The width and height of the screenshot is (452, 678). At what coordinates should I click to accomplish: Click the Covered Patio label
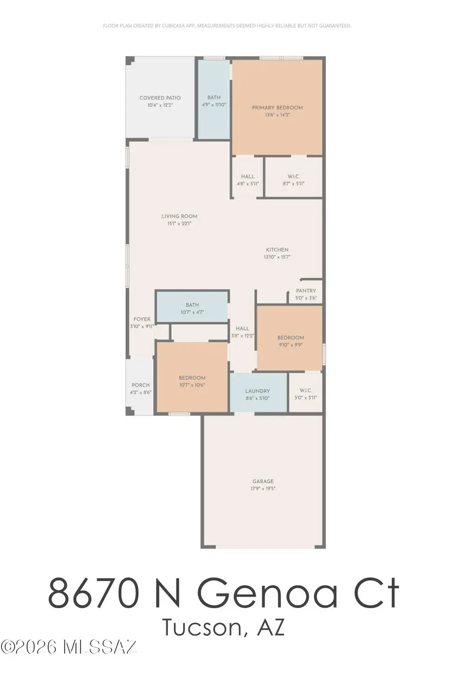click(160, 98)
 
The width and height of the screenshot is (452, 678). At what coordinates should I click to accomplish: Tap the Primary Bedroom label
click(277, 107)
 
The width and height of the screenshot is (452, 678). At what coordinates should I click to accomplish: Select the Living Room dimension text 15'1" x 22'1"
click(179, 223)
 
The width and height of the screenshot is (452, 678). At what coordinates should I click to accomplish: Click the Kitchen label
click(277, 250)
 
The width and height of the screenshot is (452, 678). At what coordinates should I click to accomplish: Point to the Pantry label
click(306, 291)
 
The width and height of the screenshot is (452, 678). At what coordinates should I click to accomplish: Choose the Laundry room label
click(258, 391)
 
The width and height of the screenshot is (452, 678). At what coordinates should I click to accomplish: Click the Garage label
click(263, 481)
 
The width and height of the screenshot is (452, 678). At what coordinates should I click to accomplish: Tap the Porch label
click(141, 385)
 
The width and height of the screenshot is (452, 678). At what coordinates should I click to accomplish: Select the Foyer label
click(142, 319)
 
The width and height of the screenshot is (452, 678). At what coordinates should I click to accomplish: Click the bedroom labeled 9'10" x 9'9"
click(291, 337)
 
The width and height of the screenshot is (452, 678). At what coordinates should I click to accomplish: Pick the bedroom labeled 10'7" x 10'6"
click(192, 378)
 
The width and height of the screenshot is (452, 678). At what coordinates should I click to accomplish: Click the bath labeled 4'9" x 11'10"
click(214, 97)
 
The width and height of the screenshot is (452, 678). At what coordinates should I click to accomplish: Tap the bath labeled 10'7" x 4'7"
click(192, 305)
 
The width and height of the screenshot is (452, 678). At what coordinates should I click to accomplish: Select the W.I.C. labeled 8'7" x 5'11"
click(294, 176)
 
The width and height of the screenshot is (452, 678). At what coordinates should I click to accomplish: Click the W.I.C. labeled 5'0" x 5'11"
click(305, 390)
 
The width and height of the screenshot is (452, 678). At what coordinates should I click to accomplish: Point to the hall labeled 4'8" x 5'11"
click(248, 176)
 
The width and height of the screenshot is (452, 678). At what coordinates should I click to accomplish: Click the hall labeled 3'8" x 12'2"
click(243, 328)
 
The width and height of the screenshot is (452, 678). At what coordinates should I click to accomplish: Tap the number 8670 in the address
click(92, 593)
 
